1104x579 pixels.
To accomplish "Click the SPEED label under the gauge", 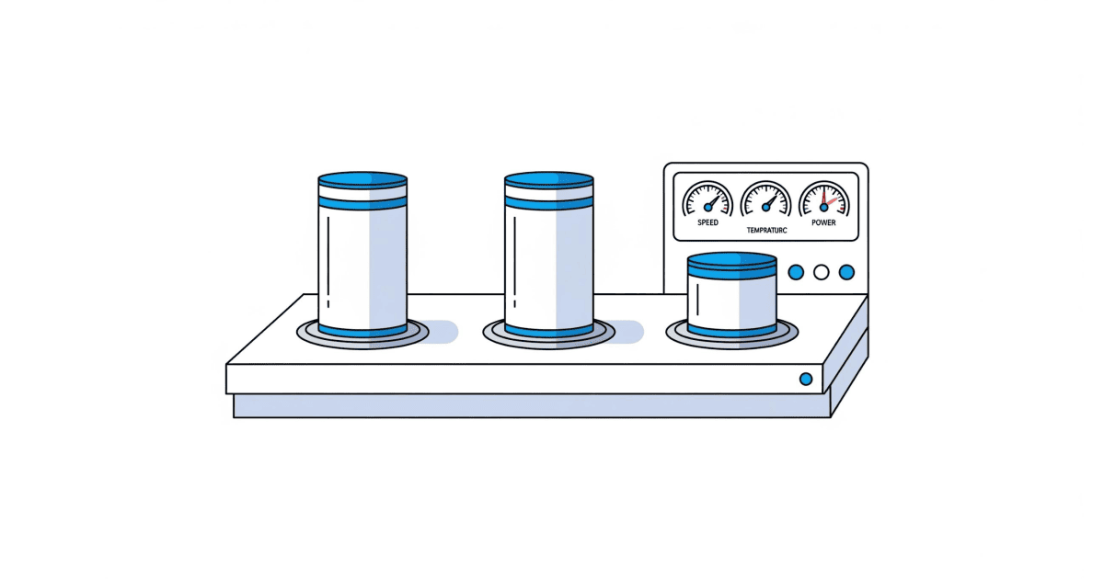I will (x=708, y=222).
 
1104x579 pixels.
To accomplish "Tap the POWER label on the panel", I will (x=823, y=222).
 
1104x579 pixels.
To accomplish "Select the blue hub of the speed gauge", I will (x=707, y=208).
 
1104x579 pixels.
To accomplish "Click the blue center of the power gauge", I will (x=823, y=208).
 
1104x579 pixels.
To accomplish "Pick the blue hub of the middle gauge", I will (x=765, y=208).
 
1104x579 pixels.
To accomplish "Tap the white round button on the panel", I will (x=822, y=272).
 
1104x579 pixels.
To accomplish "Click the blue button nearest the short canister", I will (x=797, y=272).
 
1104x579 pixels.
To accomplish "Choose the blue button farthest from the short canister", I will (x=846, y=272).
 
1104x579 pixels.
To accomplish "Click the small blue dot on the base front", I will (x=806, y=379).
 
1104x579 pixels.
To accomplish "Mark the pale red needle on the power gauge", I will (x=833, y=200).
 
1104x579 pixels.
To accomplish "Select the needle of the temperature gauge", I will (x=772, y=199).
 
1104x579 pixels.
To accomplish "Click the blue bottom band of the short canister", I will (x=733, y=330).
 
